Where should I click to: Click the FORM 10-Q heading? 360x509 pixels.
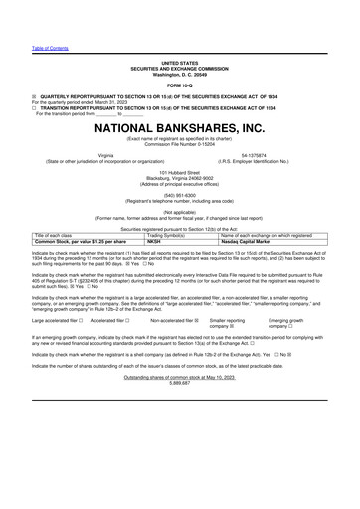(x=179, y=84)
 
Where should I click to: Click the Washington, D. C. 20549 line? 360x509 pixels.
(x=179, y=73)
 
